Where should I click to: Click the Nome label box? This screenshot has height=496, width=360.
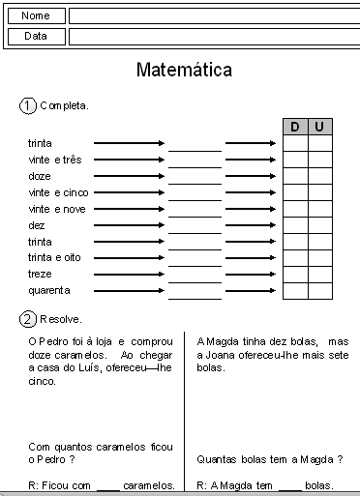36,16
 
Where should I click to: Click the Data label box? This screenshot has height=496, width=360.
36,36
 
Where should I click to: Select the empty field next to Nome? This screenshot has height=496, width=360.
212,16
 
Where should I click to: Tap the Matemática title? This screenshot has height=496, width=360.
184,71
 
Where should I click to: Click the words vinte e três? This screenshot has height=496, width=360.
55,160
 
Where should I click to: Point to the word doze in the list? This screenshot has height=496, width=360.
40,176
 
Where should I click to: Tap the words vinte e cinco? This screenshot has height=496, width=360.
58,192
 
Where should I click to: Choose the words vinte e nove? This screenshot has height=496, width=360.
57,209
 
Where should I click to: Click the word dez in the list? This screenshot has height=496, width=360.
38,225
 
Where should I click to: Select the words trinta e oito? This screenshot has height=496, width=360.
55,258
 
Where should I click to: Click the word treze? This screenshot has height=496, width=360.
41,275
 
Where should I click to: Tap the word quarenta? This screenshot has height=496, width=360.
49,291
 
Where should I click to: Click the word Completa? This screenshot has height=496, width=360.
64,105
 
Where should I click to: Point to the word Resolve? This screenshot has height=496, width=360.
61,318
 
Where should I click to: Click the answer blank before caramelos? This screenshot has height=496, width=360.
108,486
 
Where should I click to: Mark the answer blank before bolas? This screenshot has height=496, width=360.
289,486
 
